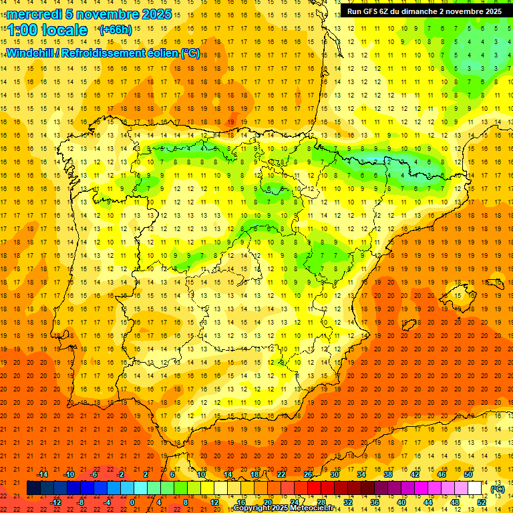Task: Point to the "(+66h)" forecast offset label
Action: point(115,30)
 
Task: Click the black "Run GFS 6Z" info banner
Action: point(424,11)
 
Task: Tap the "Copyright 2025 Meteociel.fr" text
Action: point(283,508)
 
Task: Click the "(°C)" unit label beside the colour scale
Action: point(498,489)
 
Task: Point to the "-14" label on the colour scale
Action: point(42,474)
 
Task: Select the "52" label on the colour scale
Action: point(482,502)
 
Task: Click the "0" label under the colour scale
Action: point(132,502)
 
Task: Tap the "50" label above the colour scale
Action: point(468,474)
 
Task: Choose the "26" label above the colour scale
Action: point(308,474)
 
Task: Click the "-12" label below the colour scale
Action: point(55,502)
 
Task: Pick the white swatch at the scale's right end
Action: point(475,488)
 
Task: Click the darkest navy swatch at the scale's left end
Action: point(33,488)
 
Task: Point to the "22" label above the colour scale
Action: point(281,474)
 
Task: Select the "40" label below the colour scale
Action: point(401,502)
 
